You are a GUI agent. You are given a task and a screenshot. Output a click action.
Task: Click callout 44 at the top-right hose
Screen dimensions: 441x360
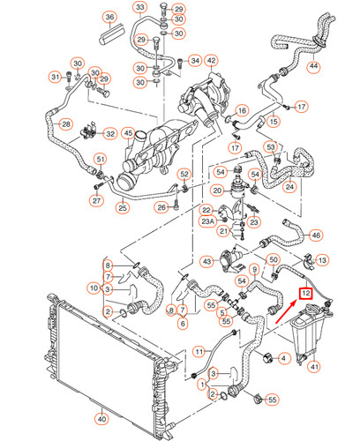pyautogui.click(x=313, y=67)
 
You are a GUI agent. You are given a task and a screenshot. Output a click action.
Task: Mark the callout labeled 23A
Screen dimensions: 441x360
pyautogui.click(x=206, y=222)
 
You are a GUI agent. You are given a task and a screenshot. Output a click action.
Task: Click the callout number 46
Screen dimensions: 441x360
pyautogui.click(x=316, y=235)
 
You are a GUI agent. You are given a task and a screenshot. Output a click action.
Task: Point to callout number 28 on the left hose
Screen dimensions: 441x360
pyautogui.click(x=64, y=125)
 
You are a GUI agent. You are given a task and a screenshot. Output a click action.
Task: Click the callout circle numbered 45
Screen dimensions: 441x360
pyautogui.click(x=130, y=135)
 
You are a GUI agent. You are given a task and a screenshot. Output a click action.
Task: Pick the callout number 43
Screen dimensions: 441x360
pyautogui.click(x=206, y=261)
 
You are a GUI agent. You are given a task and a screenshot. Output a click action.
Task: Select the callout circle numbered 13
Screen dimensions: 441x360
pyautogui.click(x=322, y=260)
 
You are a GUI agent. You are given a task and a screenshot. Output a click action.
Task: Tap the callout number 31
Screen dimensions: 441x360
pyautogui.click(x=55, y=78)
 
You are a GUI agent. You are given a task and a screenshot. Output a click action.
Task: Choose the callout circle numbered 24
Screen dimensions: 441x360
pyautogui.click(x=288, y=186)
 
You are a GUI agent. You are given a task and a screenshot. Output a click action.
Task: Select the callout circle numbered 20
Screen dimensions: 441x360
pyautogui.click(x=217, y=190)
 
